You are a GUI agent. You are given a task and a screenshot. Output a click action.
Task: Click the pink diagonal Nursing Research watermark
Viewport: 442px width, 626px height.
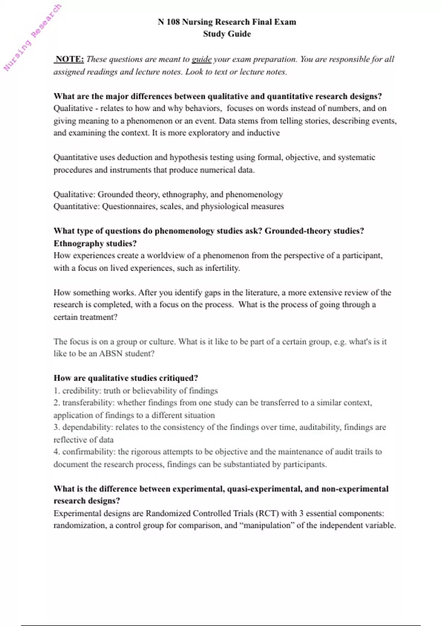[x=32, y=38]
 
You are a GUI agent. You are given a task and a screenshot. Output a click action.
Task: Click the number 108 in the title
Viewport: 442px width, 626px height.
[x=173, y=22]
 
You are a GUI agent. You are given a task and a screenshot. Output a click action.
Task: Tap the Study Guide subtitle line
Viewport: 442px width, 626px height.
[x=227, y=34]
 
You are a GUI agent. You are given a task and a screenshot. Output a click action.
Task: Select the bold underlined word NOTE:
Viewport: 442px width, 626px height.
[x=69, y=59]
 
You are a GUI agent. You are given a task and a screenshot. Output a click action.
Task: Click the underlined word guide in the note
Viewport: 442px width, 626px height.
[x=201, y=59]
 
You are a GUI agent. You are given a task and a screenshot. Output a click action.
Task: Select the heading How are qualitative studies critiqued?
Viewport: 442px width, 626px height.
[x=126, y=378]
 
